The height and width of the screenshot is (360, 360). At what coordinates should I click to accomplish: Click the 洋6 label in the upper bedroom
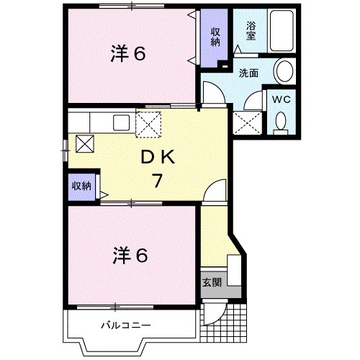click(129, 54)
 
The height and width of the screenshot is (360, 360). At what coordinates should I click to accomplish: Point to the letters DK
click(157, 157)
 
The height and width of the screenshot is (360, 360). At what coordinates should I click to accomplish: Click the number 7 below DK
click(156, 181)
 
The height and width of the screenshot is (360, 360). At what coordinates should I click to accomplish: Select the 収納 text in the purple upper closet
click(215, 36)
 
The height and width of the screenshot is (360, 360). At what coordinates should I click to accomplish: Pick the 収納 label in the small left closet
click(81, 186)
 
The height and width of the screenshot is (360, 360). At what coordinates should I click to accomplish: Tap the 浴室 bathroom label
click(251, 30)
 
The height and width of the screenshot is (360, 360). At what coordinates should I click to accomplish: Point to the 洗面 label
click(249, 73)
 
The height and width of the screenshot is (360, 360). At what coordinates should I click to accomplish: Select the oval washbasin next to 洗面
click(284, 72)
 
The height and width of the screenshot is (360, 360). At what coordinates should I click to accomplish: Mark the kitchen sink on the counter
click(120, 122)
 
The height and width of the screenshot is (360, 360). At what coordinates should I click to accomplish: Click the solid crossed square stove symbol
click(84, 143)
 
